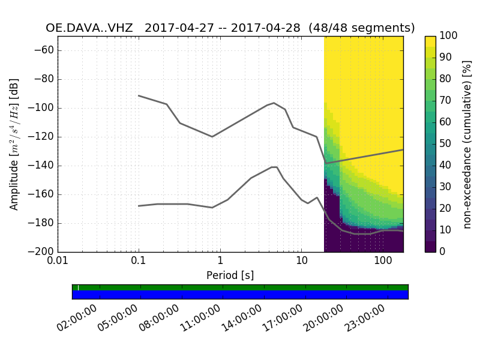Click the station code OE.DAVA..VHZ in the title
pyautogui.click(x=89, y=28)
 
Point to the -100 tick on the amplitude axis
pyautogui.click(x=41, y=108)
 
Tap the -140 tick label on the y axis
pyautogui.click(x=41, y=166)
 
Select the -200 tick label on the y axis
pyautogui.click(x=41, y=252)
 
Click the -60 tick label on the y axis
pyautogui.click(x=44, y=50)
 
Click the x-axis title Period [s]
pyautogui.click(x=230, y=275)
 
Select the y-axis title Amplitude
pyautogui.click(x=14, y=144)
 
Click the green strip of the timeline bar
pyautogui.click(x=240, y=287)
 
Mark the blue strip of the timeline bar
pyautogui.click(x=240, y=295)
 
